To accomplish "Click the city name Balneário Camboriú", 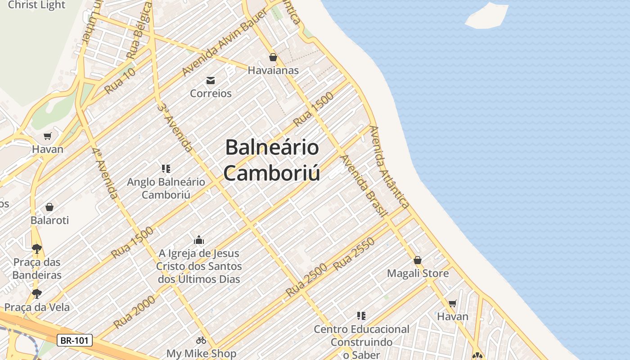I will [x=272, y=160].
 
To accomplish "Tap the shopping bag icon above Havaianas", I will [x=273, y=57].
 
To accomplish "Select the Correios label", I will [x=211, y=93].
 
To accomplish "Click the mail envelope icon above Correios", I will [x=211, y=81].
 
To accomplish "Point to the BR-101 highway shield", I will [x=75, y=340].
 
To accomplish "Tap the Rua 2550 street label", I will [x=354, y=254].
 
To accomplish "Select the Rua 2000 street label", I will [x=135, y=311].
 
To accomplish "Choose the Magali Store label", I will [x=418, y=273].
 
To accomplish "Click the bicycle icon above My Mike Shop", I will [x=201, y=340].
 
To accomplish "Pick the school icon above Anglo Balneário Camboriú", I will [x=166, y=169].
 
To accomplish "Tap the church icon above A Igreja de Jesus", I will [x=199, y=240].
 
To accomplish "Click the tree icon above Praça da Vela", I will [x=37, y=294].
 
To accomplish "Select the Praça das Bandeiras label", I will [x=37, y=269].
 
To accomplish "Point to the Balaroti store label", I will [x=49, y=220].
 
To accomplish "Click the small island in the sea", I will [x=487, y=16].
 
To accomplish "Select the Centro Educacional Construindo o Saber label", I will [x=362, y=342].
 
